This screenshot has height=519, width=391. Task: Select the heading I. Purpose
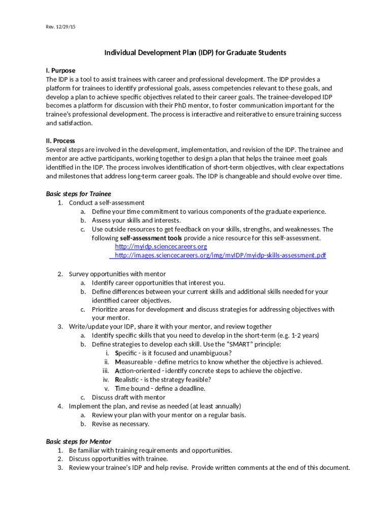point(60,70)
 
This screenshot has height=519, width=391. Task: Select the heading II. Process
point(60,140)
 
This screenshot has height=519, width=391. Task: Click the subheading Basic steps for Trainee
point(78,194)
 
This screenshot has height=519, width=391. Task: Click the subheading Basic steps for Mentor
point(78,441)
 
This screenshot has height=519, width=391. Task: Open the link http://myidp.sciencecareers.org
point(161,246)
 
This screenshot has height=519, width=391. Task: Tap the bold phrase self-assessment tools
point(151,238)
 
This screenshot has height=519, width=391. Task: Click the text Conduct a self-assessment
point(107,203)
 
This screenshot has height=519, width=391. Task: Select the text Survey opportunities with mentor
point(117,274)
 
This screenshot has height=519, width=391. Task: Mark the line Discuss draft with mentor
point(128,397)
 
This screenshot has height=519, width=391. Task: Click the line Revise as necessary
point(120,424)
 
